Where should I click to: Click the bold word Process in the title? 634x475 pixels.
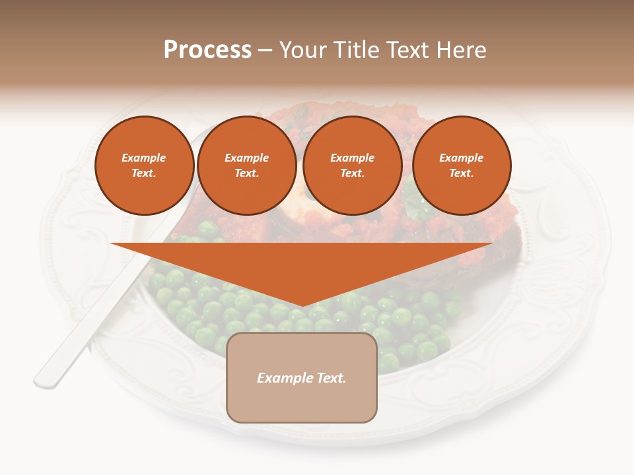tap(207, 50)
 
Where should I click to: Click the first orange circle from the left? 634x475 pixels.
tap(144, 166)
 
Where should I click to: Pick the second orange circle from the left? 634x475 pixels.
tap(246, 166)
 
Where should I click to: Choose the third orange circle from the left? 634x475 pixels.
tap(352, 166)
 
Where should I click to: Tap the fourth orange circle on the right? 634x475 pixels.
tap(461, 166)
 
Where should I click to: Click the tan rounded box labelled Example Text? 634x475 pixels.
tap(302, 377)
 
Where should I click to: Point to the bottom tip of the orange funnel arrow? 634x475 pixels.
tap(302, 306)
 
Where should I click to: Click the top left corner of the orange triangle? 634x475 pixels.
tap(111, 243)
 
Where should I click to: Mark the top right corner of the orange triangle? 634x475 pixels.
tap(493, 243)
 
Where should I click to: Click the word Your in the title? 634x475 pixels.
tap(301, 50)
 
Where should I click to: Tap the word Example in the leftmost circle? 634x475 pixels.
tap(144, 158)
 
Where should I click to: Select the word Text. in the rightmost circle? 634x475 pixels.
tap(461, 174)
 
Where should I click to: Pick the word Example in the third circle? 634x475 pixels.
tap(352, 158)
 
